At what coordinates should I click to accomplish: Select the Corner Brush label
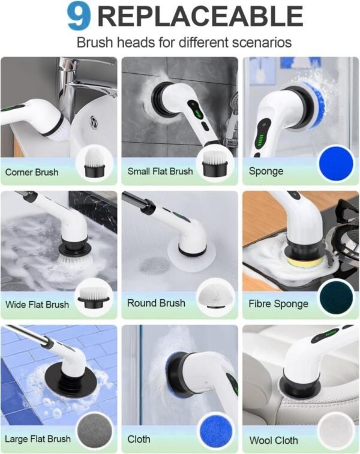click(x=32, y=172)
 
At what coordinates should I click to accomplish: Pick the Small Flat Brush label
click(x=159, y=172)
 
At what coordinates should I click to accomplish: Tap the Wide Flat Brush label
click(x=37, y=304)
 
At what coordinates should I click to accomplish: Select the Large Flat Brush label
click(x=37, y=439)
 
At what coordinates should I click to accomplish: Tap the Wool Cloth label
click(x=274, y=440)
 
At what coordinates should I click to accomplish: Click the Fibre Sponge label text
click(x=278, y=303)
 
